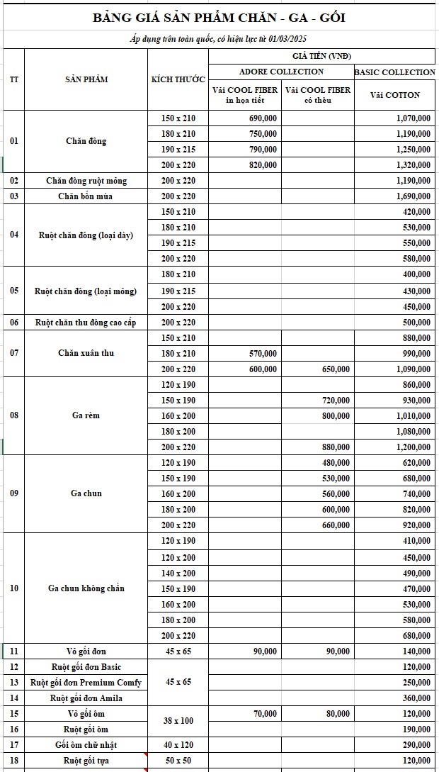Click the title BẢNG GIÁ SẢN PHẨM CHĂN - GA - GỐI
(x=219, y=18)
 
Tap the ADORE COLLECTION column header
(x=281, y=72)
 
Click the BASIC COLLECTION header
(x=394, y=72)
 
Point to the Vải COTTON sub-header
(x=394, y=94)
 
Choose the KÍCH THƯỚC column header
(x=178, y=79)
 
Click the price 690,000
(x=263, y=118)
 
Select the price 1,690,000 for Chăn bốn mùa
(x=413, y=196)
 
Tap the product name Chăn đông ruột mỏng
(x=86, y=181)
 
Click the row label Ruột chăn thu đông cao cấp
(x=86, y=323)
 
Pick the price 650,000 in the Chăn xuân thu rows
(x=335, y=369)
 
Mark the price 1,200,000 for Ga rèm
(x=413, y=447)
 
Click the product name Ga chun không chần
(x=86, y=588)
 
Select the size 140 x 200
(x=178, y=573)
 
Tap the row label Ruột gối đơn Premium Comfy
(x=86, y=682)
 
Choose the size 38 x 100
(x=178, y=721)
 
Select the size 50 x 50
(x=178, y=760)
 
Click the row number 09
(x=14, y=493)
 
